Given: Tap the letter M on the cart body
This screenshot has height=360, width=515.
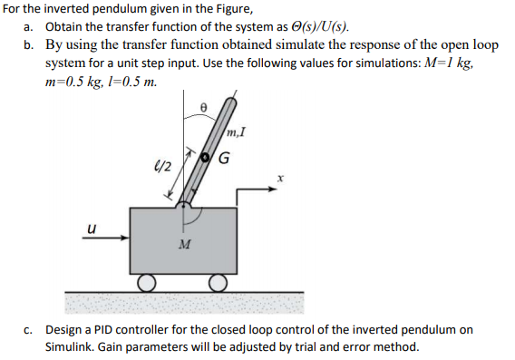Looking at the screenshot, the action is tap(184, 245).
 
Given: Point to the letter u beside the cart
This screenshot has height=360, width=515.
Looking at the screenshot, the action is tap(90, 229).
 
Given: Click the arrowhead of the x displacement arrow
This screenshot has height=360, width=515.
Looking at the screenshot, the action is tap(269, 190).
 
